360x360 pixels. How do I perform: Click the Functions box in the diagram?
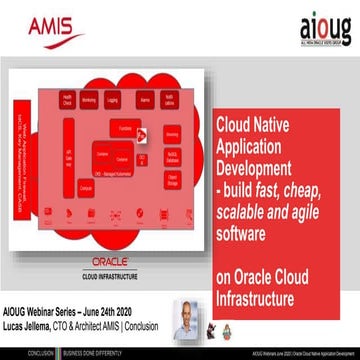[125, 127]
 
